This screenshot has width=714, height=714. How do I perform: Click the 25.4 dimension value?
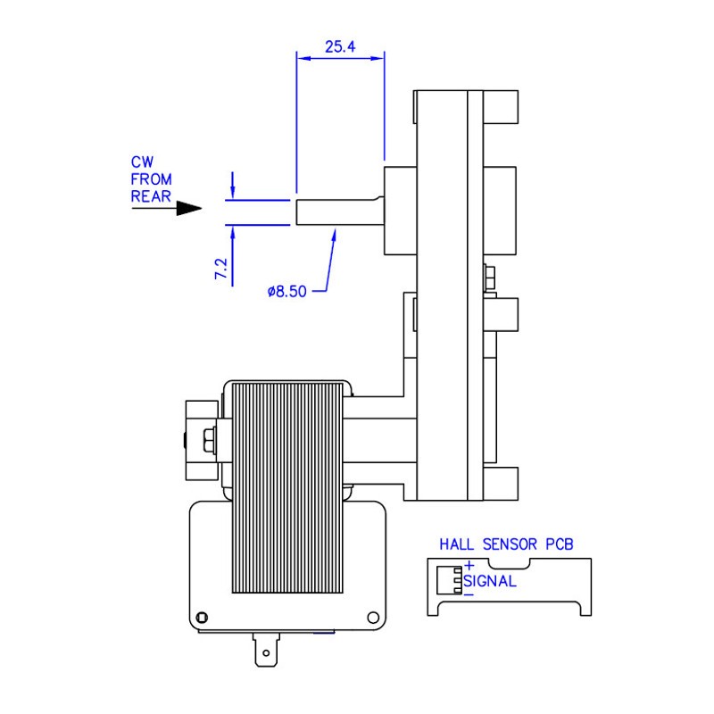click(340, 46)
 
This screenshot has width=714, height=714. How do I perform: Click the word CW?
click(143, 162)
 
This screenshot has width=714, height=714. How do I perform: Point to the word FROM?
click(151, 178)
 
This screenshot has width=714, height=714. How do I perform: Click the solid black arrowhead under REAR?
click(188, 209)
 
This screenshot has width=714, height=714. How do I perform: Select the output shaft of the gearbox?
click(339, 212)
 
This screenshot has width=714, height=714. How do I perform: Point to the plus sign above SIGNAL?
click(469, 566)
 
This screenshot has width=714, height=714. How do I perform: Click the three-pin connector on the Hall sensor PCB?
click(456, 579)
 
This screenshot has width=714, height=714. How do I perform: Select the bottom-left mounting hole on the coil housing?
click(202, 618)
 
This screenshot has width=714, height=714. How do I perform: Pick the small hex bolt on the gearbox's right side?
click(490, 277)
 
